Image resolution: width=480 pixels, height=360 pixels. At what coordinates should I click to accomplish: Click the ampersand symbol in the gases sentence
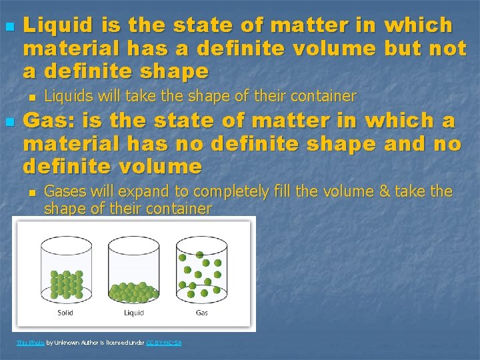pyautogui.click(x=383, y=192)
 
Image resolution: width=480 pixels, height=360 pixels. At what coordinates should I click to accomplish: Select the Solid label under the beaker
pyautogui.click(x=65, y=313)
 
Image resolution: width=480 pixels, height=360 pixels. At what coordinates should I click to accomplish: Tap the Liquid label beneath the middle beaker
pyautogui.click(x=134, y=313)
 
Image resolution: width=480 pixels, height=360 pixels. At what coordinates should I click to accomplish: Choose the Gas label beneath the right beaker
pyautogui.click(x=202, y=313)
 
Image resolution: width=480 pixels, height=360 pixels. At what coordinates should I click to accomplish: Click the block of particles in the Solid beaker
pyautogui.click(x=66, y=284)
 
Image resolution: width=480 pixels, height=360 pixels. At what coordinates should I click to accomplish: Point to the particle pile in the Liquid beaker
pyautogui.click(x=134, y=291)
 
